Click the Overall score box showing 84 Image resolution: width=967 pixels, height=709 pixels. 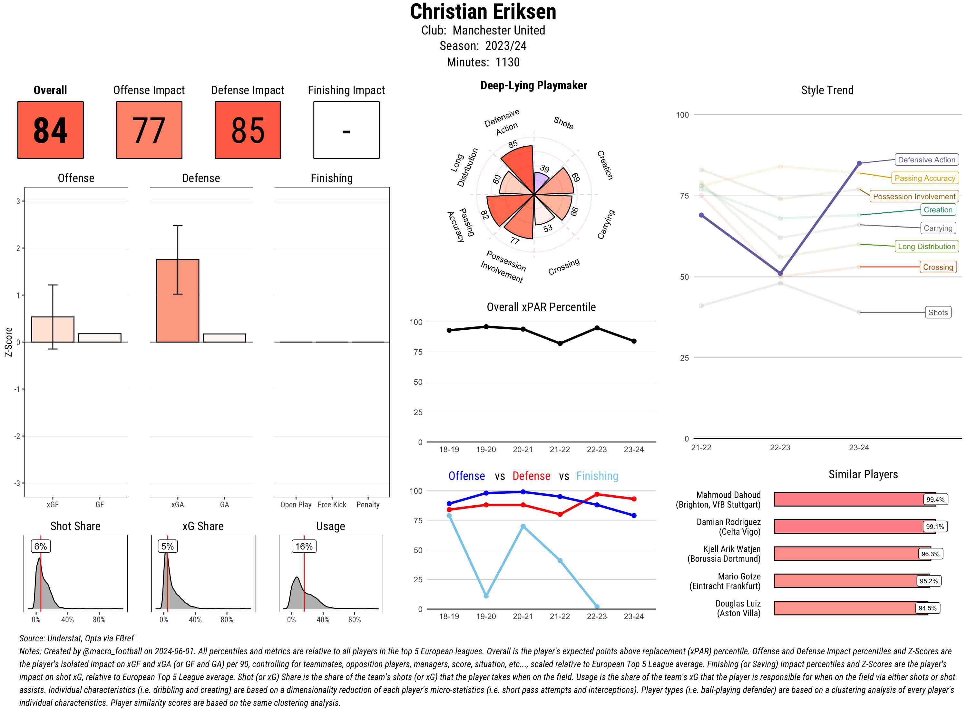point(50,130)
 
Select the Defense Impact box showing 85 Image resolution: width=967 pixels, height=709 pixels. point(248,130)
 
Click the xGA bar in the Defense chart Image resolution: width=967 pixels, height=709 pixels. point(178,300)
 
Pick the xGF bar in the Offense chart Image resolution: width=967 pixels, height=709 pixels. point(53,329)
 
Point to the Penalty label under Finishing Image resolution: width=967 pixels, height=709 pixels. point(368,505)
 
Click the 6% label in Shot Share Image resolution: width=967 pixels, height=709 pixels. point(41,546)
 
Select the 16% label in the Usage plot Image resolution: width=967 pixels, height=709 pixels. point(304,546)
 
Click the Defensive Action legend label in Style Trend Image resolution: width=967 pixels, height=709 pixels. point(926,160)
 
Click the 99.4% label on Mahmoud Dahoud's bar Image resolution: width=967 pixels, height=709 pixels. point(935,500)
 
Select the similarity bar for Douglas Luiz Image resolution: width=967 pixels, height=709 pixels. point(850,608)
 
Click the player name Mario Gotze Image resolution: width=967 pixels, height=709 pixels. point(739,576)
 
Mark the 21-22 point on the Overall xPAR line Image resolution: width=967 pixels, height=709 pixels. point(560,343)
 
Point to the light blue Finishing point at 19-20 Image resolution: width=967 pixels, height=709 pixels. point(486,596)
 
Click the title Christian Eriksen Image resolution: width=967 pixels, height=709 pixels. point(483,12)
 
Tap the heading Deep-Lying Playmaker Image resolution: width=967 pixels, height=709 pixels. point(533,85)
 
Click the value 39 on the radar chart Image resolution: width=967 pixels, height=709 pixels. point(545,168)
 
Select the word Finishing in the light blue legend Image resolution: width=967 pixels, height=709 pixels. point(597,476)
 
